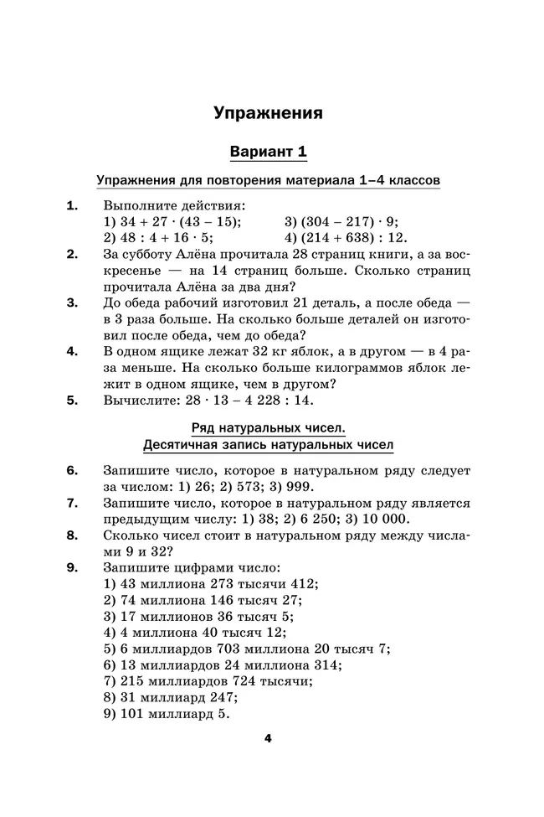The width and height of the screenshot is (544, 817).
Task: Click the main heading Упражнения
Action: point(268,112)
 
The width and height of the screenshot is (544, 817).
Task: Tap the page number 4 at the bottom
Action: point(268,738)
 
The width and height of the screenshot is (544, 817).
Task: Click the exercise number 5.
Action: point(72,401)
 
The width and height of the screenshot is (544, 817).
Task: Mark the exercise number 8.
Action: point(72,535)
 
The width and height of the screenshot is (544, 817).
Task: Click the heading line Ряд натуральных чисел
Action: point(268,428)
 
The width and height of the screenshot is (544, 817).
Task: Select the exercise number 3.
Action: point(72,303)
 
